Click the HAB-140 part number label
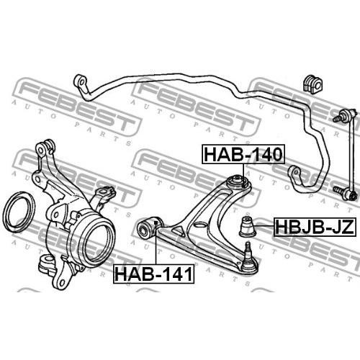pyautogui.click(x=243, y=154)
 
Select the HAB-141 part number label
pyautogui.click(x=154, y=274)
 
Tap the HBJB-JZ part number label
pyautogui.click(x=315, y=227)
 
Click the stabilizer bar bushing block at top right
pyautogui.click(x=313, y=84)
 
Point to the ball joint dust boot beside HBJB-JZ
pyautogui.click(x=247, y=226)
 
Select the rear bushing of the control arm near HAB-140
pyautogui.click(x=238, y=182)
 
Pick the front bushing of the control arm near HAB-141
pyautogui.click(x=149, y=227)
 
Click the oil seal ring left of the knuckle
pyautogui.click(x=19, y=212)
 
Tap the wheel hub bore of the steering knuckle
pyautogui.click(x=98, y=243)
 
